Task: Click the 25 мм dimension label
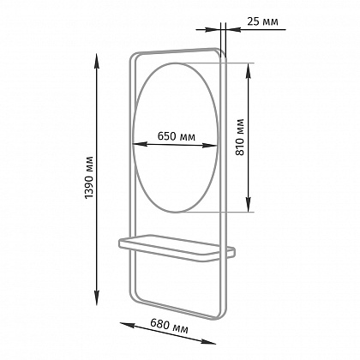262,21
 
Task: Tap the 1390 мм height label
89,177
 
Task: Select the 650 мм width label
177,136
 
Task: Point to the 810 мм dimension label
240,137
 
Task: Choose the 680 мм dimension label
169,327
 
